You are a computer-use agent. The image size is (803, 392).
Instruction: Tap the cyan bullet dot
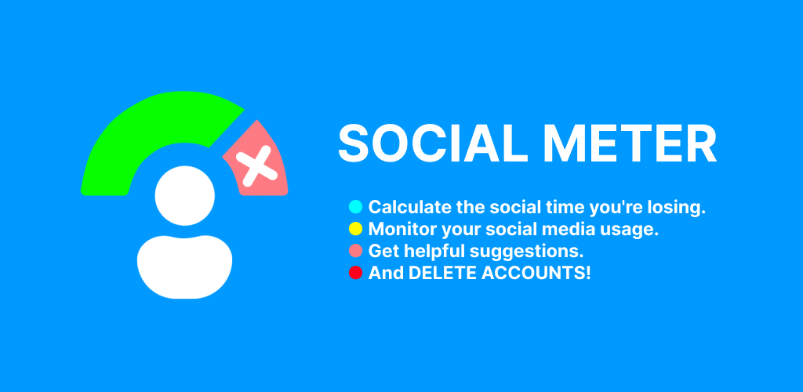pos(355,207)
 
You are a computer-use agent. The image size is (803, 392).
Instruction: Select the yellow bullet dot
pos(355,229)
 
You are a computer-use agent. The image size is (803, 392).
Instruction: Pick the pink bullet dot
pos(355,251)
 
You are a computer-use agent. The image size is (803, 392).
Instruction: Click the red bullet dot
pos(355,273)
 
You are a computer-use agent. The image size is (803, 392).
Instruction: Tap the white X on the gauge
pos(256,165)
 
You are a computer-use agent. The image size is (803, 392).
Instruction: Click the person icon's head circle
pos(185,195)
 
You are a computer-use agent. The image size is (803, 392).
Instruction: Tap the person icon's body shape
pos(185,267)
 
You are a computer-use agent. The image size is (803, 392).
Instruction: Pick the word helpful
pos(440,252)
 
